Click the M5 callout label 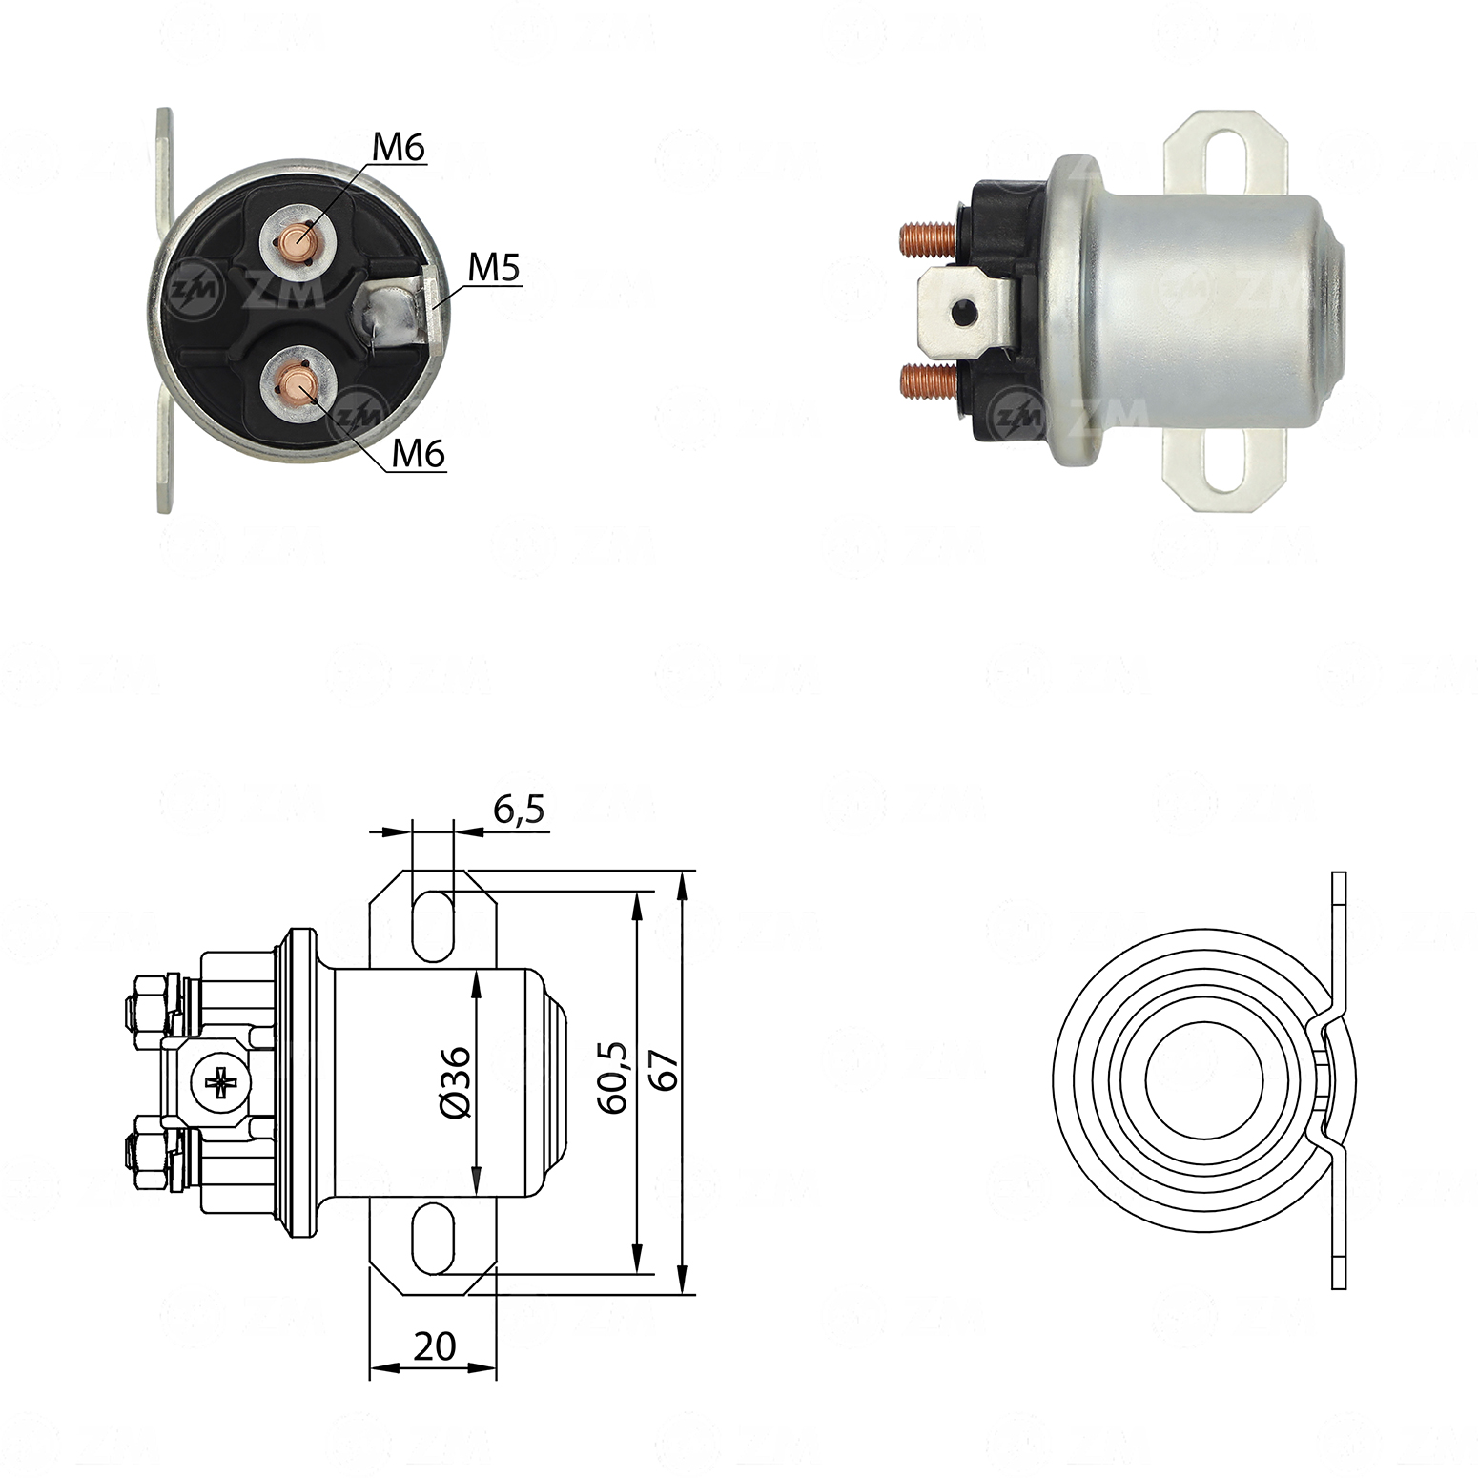(494, 270)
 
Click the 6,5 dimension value (520, 810)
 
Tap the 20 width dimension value (435, 1345)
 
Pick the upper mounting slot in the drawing (433, 925)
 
